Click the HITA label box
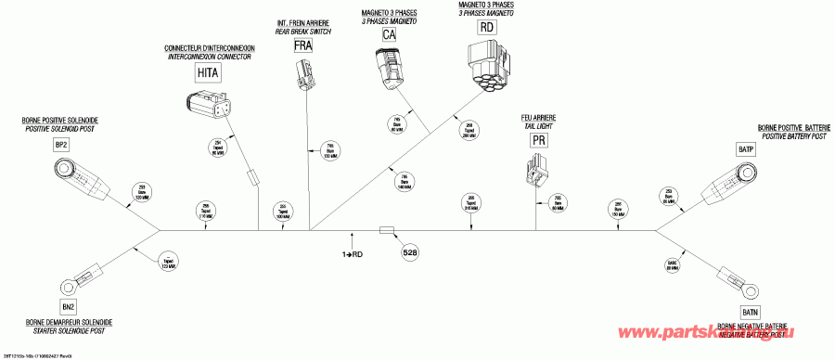(207, 71)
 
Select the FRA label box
(303, 45)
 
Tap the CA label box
(390, 34)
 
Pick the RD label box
(487, 27)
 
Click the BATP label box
(745, 148)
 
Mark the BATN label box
(751, 311)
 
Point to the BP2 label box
(61, 146)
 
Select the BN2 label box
(68, 307)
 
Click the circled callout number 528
(410, 251)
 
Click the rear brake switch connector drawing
(303, 74)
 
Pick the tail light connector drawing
(537, 172)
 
